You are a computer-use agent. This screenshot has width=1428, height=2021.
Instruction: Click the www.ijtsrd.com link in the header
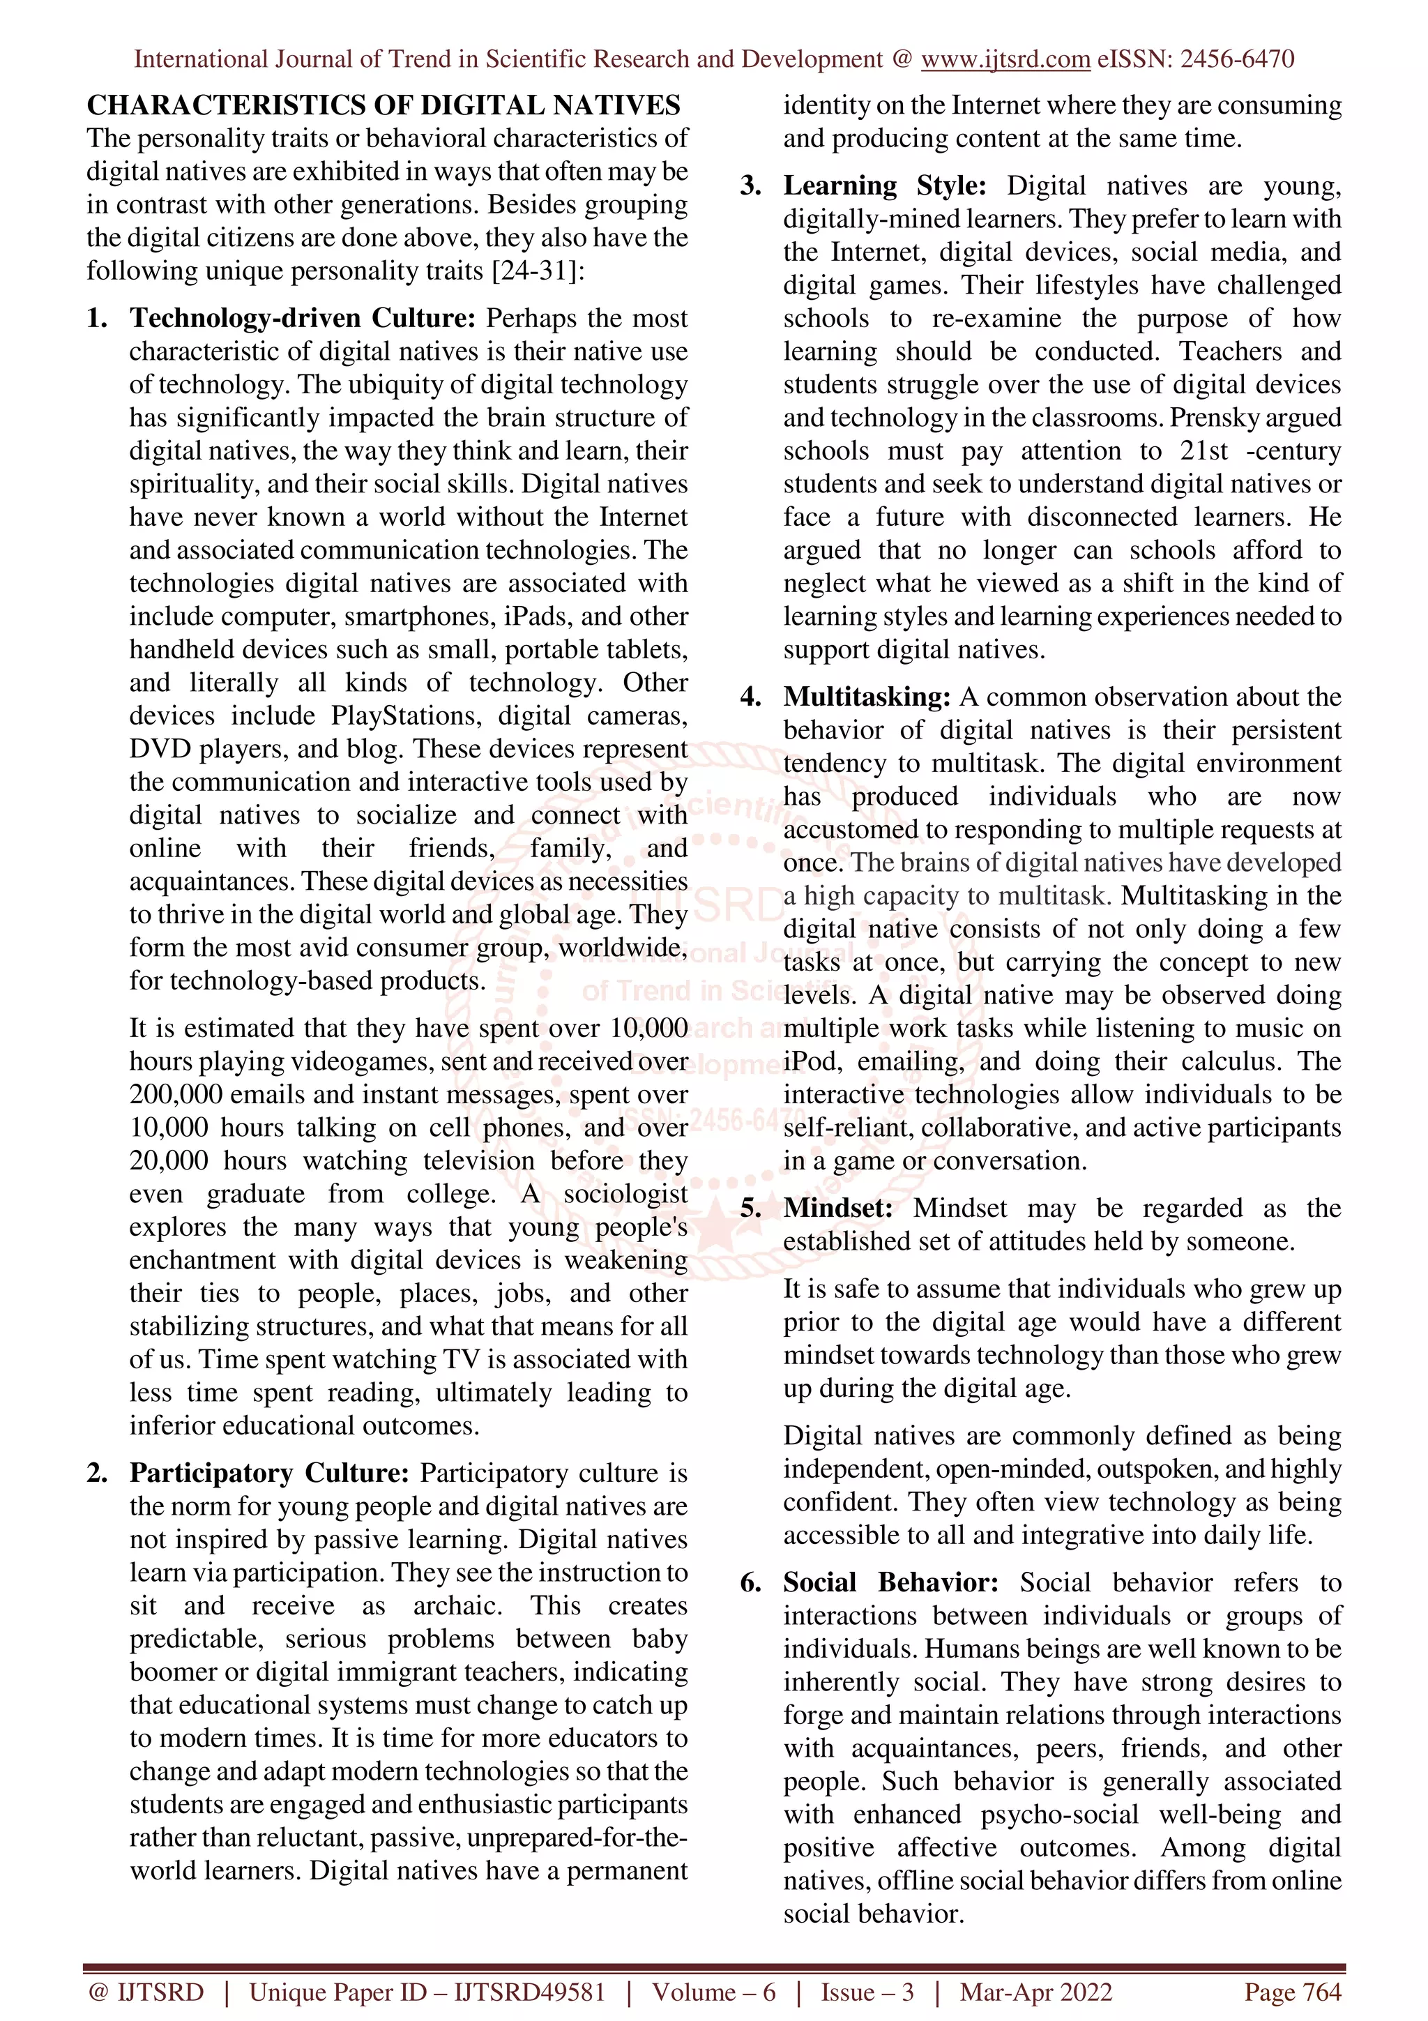pos(1005,59)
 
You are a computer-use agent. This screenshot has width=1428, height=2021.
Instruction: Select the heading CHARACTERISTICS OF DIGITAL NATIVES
pos(383,105)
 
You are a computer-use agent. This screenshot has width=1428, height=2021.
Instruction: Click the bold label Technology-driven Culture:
pos(303,318)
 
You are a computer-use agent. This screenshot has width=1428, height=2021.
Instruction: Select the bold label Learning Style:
pos(884,186)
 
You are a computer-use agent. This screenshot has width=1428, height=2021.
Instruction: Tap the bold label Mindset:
pos(837,1208)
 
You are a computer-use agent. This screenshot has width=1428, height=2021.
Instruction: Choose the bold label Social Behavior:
pos(890,1582)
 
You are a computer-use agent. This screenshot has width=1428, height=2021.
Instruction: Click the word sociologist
pos(625,1194)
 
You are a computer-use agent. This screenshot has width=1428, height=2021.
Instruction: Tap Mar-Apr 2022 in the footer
pos(1035,1992)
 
